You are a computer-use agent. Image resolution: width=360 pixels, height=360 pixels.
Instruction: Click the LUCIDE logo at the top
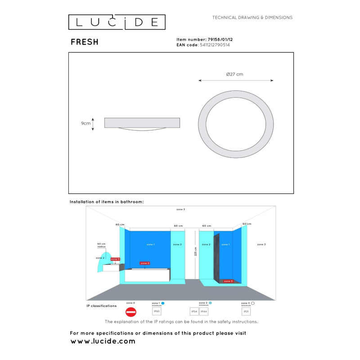117,22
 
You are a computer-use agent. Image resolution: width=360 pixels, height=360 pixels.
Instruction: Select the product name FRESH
85,42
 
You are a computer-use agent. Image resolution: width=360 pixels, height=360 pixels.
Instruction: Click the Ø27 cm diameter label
234,74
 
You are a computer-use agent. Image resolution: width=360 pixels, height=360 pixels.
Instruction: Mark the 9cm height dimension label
86,122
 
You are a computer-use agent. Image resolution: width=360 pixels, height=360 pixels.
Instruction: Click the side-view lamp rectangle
142,122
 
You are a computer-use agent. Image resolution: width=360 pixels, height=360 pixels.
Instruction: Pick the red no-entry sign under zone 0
130,311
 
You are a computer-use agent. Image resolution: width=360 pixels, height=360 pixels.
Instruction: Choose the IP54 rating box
194,311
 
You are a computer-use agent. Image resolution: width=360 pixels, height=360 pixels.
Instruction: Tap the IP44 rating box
204,311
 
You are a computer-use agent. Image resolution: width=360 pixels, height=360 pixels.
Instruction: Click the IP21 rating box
246,311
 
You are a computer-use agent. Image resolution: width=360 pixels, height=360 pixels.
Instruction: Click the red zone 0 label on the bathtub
144,263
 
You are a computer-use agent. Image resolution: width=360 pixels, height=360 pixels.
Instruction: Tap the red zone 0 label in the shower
229,281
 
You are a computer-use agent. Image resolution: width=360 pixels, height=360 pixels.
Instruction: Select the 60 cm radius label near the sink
101,245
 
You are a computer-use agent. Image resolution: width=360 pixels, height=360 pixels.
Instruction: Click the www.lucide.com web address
103,342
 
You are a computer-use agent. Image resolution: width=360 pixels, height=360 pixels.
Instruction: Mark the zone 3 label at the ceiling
180,210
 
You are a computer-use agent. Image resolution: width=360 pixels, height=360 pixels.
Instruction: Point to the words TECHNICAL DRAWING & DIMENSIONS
252,18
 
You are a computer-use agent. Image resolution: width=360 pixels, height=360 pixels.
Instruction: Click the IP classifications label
102,306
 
